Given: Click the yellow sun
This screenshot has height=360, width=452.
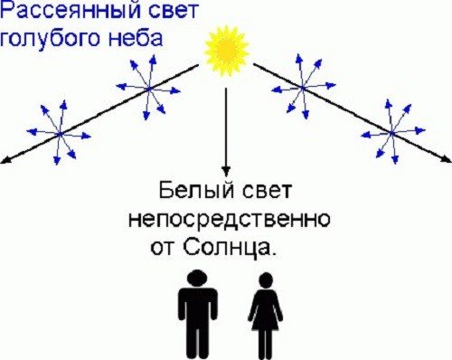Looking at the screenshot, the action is coord(226,50).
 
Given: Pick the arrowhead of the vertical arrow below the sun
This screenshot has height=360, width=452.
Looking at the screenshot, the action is coord(226,169).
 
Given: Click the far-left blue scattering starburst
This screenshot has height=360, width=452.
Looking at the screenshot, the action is coord(60,133).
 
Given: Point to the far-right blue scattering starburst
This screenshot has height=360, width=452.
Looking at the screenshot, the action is coord(391,132).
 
